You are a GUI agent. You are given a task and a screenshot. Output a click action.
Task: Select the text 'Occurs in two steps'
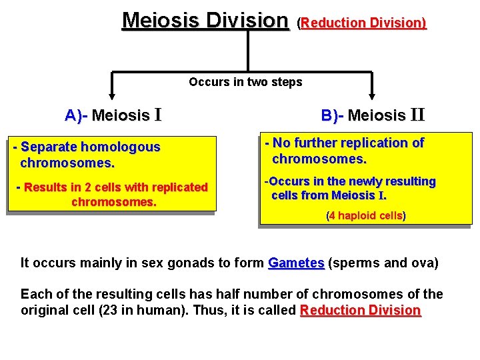pos(245,82)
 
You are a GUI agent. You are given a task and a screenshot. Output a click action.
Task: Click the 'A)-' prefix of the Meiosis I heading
pos(76,115)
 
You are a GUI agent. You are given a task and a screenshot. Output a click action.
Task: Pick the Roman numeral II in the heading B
pos(417,115)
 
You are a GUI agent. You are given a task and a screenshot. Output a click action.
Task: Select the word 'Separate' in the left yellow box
pos(49,147)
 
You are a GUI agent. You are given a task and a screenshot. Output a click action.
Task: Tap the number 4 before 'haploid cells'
pos(331,216)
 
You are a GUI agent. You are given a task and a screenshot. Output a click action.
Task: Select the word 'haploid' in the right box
pos(355,216)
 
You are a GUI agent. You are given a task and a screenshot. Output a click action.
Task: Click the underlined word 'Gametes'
pos(296,263)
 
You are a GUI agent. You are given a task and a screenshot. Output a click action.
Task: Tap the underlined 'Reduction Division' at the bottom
pos(361,310)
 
